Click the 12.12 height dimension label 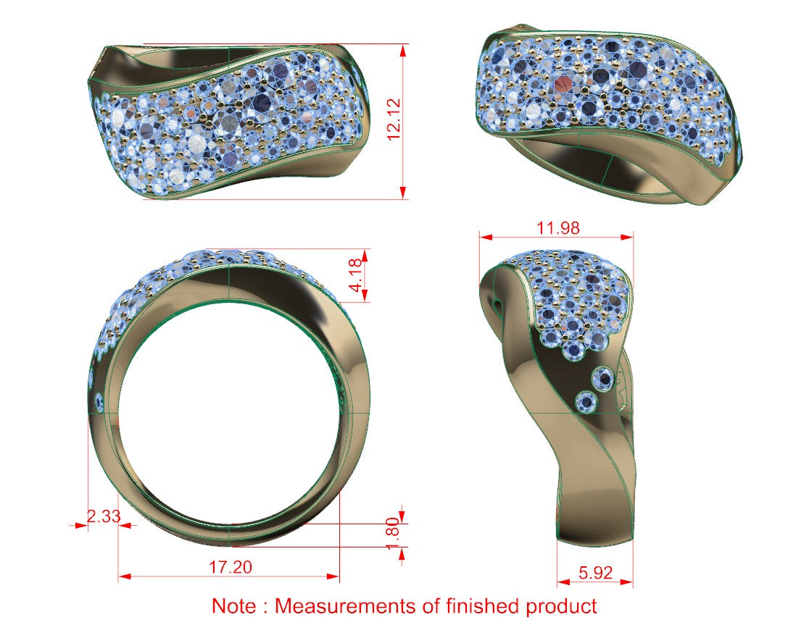point(394,119)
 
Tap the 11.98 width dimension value point(557,228)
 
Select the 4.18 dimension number point(357,275)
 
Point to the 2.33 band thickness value point(103,516)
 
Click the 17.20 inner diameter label point(230,568)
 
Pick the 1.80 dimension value point(393,534)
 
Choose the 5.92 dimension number point(595,573)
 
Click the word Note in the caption point(233,605)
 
